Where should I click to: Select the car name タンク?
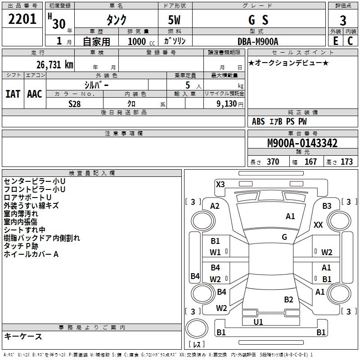tap(116, 20)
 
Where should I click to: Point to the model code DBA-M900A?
tap(258, 41)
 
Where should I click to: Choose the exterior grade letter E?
tap(335, 41)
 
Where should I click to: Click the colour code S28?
tap(75, 103)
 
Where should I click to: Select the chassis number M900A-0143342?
tap(302, 144)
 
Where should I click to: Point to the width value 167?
tap(310, 162)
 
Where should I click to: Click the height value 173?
tap(346, 162)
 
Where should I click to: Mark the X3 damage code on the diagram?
tap(220, 184)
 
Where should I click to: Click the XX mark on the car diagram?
tap(318, 225)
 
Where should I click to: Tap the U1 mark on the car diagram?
tap(258, 322)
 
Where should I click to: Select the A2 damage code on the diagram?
tap(215, 206)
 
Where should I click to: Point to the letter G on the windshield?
tap(284, 237)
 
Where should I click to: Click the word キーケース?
tap(23, 336)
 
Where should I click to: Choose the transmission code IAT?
tap(13, 94)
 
